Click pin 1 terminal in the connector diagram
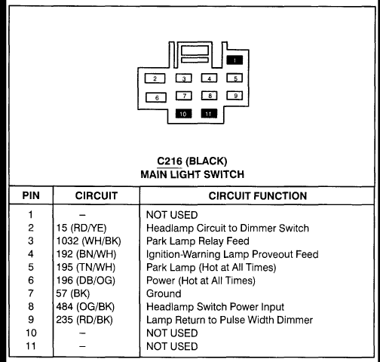[x=234, y=60]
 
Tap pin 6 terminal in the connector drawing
[x=156, y=97]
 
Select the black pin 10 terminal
[x=183, y=114]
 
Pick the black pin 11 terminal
[x=209, y=113]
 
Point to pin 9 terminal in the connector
[x=234, y=96]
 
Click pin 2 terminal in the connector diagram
[x=155, y=78]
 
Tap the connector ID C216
[x=170, y=161]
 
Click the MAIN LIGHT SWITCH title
[x=192, y=174]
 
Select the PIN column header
[x=31, y=195]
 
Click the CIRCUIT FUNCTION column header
[x=258, y=196]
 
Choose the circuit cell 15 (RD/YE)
[x=81, y=228]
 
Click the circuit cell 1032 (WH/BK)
[x=88, y=241]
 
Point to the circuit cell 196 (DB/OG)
[x=86, y=281]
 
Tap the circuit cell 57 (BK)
[x=73, y=293]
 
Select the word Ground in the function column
[x=164, y=293]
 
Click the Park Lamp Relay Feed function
[x=198, y=241]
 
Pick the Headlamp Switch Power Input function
[x=215, y=307]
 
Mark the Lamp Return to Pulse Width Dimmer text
[x=229, y=320]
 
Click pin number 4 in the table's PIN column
[x=31, y=254]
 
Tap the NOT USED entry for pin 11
[x=172, y=346]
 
